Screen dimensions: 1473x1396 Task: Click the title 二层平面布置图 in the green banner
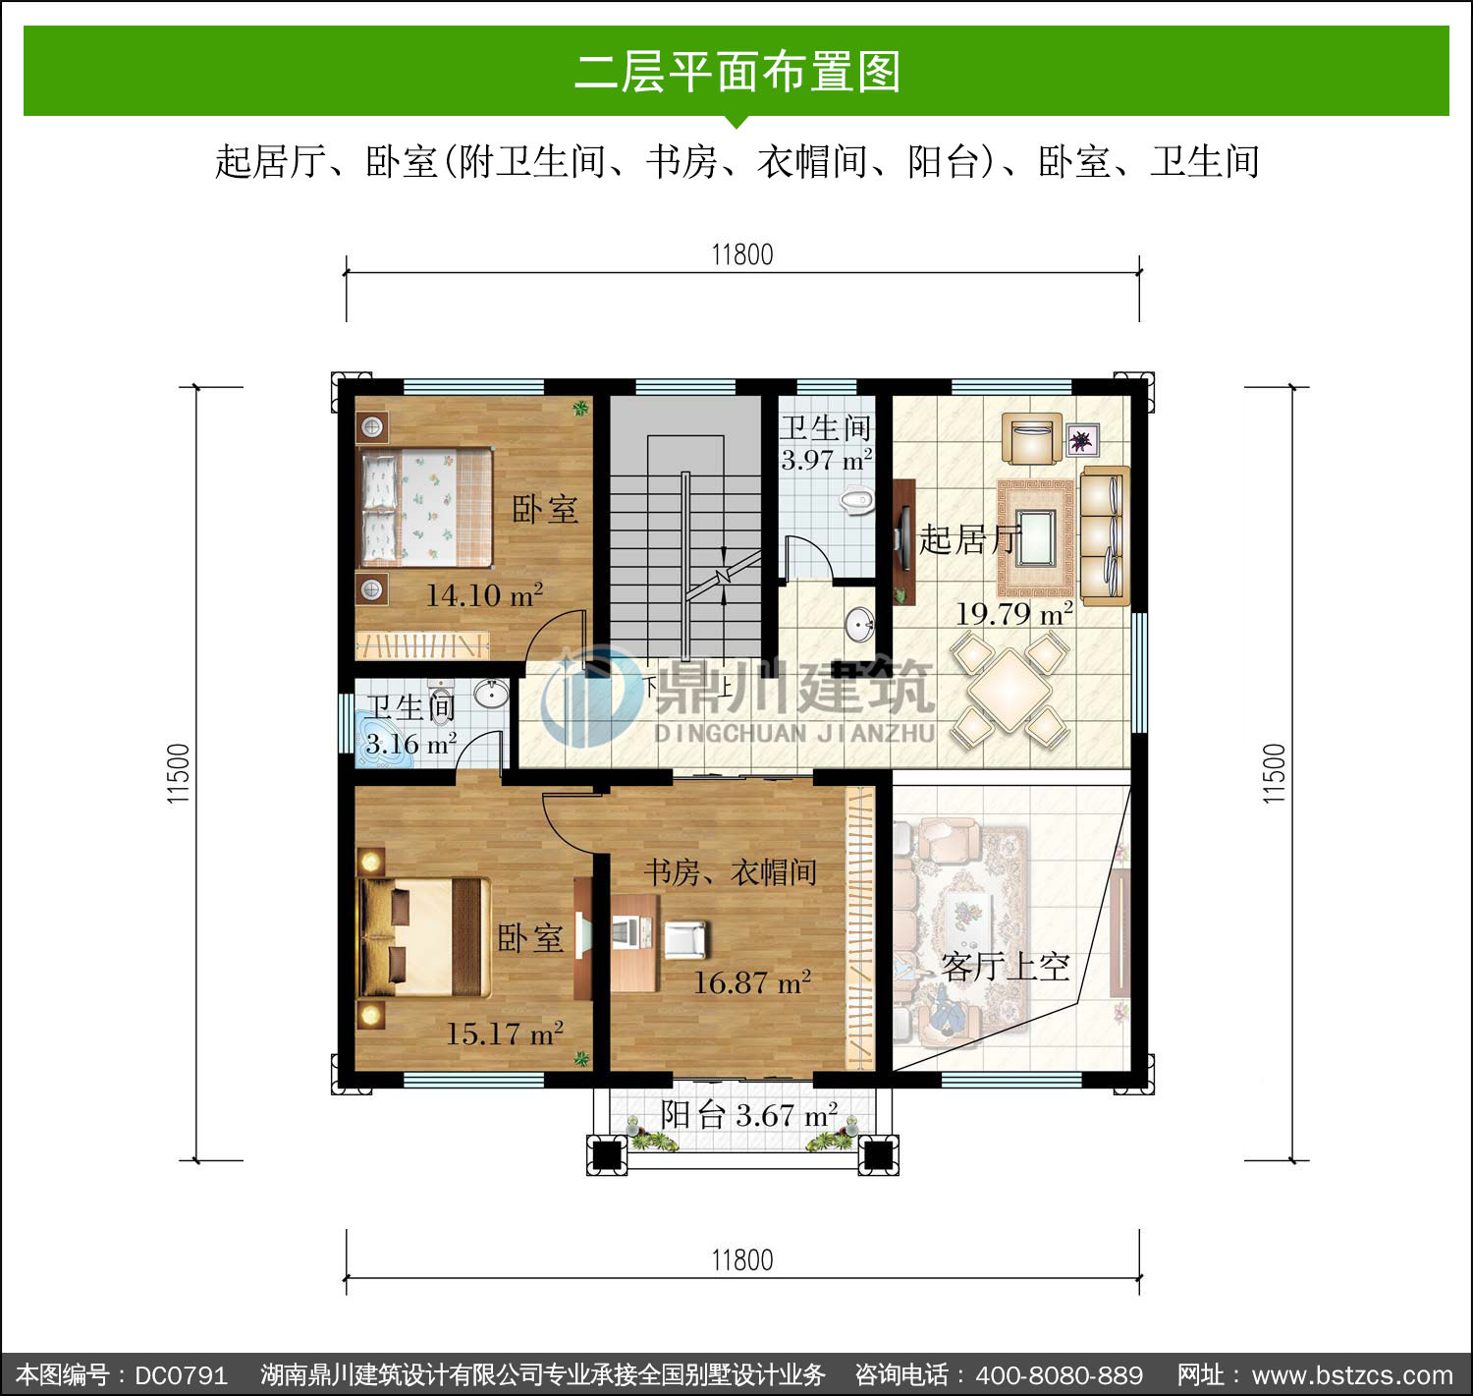tap(737, 72)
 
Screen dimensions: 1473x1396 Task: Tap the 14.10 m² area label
tap(485, 595)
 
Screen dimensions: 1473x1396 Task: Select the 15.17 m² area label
tap(504, 1033)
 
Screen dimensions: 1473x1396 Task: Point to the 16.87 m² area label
tap(751, 982)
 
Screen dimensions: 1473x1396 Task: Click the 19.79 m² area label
tap(1013, 613)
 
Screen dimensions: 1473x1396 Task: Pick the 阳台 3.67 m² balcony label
tap(748, 1116)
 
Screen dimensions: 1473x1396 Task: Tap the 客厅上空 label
tap(1005, 967)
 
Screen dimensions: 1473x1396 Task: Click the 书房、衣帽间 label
tap(731, 872)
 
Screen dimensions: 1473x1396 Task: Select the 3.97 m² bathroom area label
tap(827, 460)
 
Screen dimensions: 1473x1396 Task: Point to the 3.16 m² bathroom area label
tap(411, 744)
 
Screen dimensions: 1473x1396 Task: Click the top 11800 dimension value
tap(741, 254)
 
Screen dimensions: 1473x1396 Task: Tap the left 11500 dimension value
tap(179, 774)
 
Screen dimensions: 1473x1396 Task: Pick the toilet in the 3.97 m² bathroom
tap(856, 501)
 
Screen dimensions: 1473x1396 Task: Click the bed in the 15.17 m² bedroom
tap(425, 937)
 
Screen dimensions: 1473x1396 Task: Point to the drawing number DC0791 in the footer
tap(181, 1375)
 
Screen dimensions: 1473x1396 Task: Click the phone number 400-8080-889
tap(1059, 1375)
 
